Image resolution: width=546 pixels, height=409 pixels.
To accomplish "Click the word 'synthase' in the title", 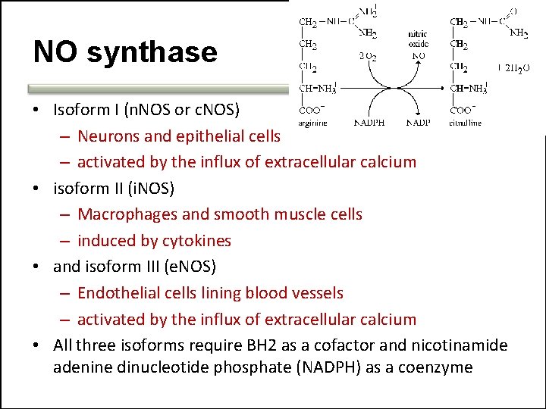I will [152, 52].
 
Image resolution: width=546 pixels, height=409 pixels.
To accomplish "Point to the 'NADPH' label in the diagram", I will [370, 123].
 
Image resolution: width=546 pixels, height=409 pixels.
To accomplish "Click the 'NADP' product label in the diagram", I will [419, 123].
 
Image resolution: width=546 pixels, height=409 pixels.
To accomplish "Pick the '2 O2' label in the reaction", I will [367, 55].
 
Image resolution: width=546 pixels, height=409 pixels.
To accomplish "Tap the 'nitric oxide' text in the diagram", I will [418, 39].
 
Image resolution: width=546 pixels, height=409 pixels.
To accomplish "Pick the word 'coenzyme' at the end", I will [438, 368].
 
